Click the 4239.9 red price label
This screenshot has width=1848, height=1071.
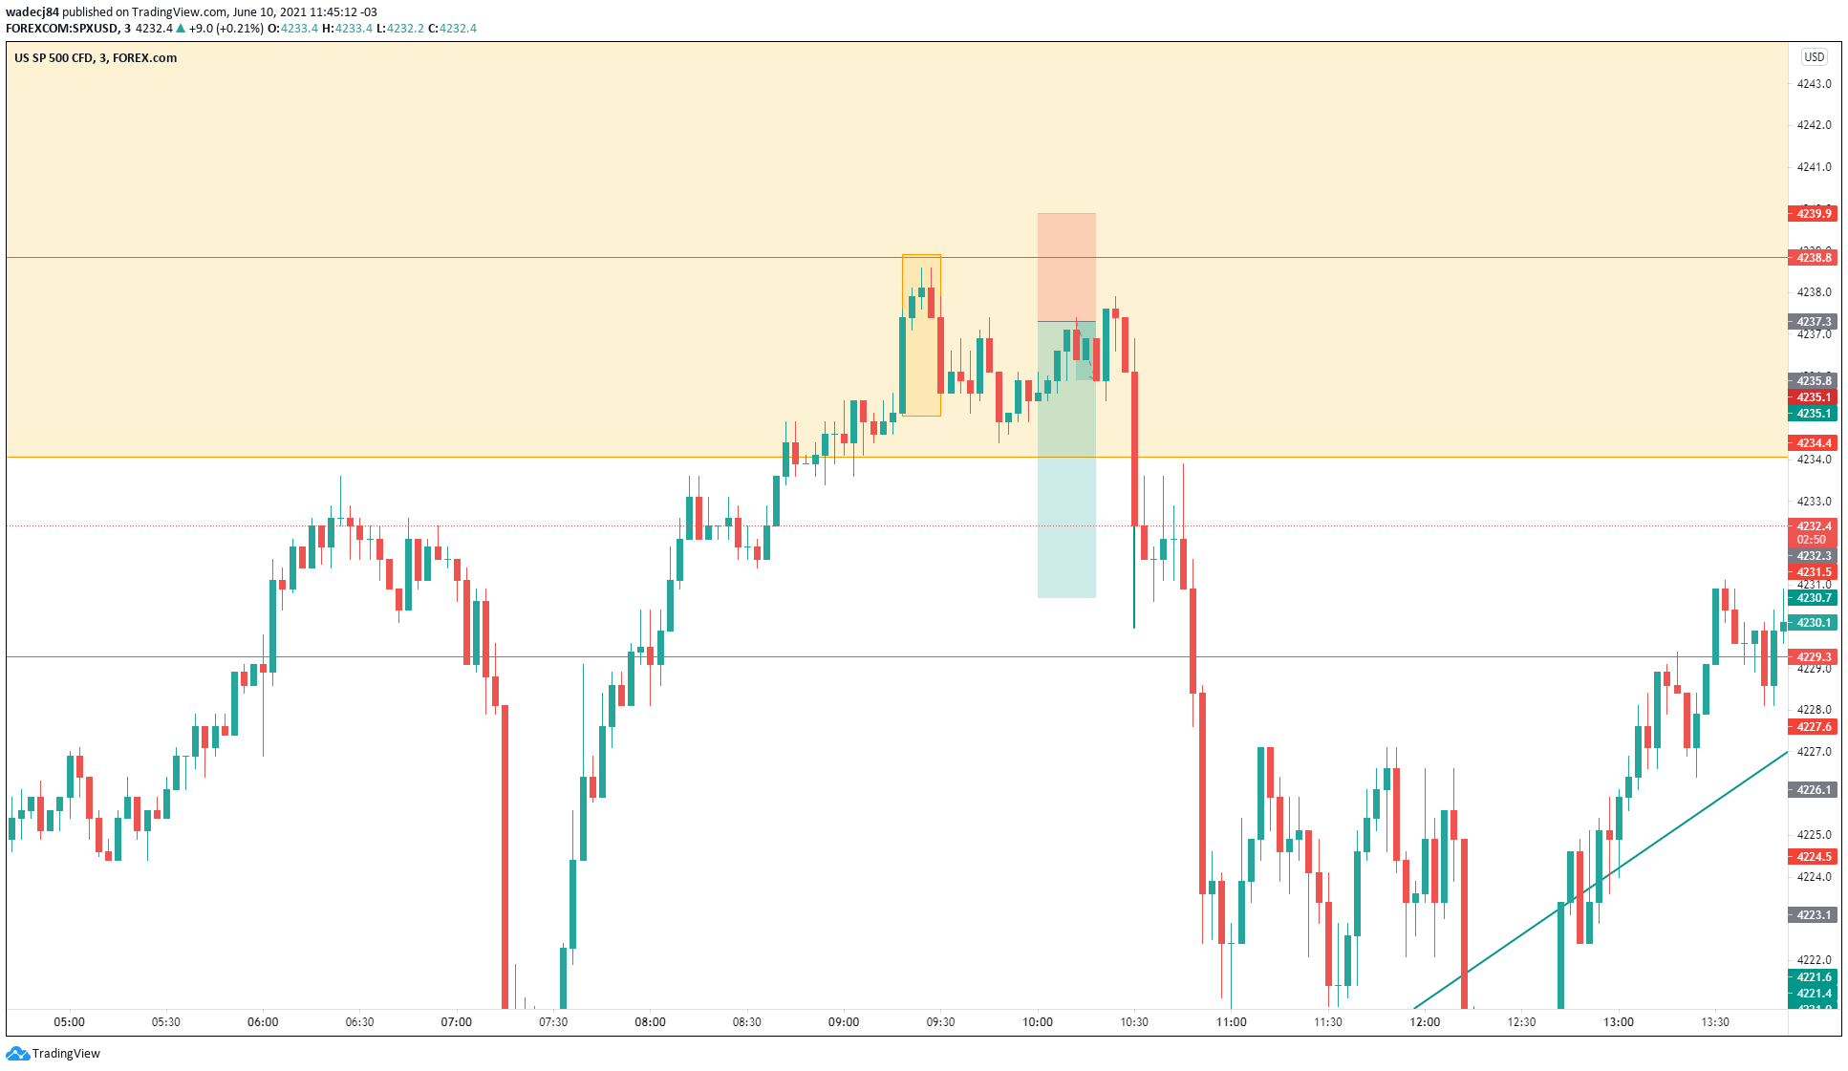point(1813,213)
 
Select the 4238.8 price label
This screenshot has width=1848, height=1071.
point(1813,258)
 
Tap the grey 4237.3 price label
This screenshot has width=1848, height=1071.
point(1813,322)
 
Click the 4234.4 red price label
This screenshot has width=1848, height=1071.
point(1813,443)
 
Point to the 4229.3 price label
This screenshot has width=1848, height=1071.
point(1813,657)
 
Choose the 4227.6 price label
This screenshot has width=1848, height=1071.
point(1813,727)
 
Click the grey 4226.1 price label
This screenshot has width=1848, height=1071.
point(1813,790)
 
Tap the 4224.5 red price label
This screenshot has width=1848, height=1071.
point(1813,857)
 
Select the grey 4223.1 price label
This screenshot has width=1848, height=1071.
point(1813,915)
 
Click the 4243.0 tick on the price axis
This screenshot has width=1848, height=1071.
point(1814,84)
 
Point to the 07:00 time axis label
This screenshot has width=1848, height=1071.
point(456,1022)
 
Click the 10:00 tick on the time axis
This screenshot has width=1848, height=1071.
point(1037,1022)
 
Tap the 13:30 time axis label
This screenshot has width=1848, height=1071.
point(1714,1022)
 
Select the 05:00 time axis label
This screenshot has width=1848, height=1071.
point(69,1022)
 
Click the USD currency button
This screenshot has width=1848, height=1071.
point(1814,57)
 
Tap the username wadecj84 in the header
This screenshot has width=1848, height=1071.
point(32,12)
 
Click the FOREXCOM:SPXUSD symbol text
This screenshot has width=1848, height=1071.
point(61,29)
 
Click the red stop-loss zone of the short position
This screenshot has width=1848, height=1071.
point(1066,267)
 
